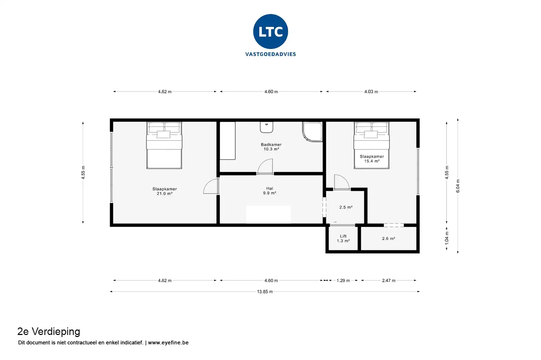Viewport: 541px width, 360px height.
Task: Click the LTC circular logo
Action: [x=270, y=32]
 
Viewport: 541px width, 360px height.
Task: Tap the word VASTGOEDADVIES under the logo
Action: [x=270, y=54]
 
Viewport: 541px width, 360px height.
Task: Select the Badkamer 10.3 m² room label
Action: [x=271, y=147]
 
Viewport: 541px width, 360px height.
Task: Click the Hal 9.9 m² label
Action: [x=269, y=191]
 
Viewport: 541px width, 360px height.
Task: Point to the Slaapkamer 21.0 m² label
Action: [x=165, y=191]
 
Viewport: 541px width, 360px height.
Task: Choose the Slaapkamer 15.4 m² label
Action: [x=372, y=159]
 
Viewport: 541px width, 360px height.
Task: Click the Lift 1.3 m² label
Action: [x=343, y=239]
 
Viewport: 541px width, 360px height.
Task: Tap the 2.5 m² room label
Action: [x=346, y=207]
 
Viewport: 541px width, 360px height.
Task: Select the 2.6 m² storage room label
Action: [x=388, y=239]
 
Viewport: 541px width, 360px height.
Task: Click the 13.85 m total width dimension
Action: [x=265, y=292]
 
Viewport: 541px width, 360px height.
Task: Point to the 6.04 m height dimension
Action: [x=458, y=186]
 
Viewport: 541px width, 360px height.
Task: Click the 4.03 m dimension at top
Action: [x=371, y=92]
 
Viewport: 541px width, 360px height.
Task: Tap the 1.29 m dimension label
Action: [x=343, y=281]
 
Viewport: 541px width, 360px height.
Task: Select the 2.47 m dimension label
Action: [x=388, y=281]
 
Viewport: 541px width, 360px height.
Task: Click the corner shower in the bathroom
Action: [x=312, y=131]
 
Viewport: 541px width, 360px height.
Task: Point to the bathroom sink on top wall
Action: [x=266, y=127]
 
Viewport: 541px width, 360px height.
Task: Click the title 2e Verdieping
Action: [x=49, y=332]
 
